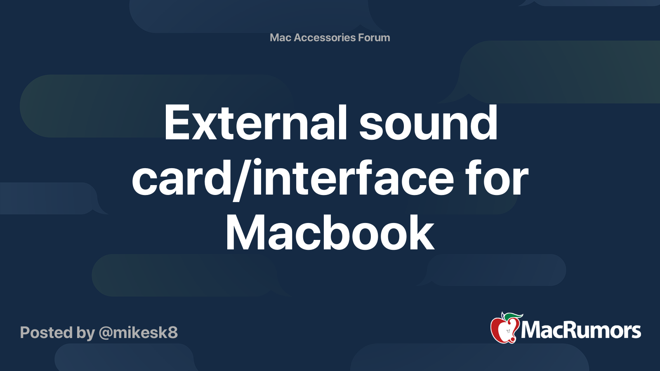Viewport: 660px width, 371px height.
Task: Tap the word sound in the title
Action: coord(428,122)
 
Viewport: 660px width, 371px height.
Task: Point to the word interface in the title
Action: coord(353,178)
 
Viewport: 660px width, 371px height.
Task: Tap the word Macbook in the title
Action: coord(330,232)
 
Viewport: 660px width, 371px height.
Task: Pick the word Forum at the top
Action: coord(374,38)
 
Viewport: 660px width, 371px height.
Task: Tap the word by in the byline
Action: coord(86,333)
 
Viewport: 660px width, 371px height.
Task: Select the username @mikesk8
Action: coord(138,333)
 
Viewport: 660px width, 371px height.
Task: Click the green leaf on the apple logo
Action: coord(513,317)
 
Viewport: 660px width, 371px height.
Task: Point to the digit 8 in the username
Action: coord(172,332)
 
